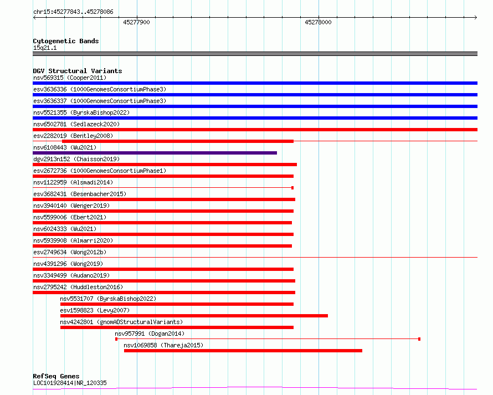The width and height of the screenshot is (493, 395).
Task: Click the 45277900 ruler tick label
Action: coord(136,22)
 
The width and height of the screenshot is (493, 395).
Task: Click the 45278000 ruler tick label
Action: coord(318,22)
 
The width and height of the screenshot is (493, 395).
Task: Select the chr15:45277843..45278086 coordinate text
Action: coord(73,12)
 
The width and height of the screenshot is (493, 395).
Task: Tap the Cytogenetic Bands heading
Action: coord(66,41)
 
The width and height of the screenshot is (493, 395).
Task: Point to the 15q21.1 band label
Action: coord(45,48)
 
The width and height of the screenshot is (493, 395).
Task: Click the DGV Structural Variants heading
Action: coord(78,71)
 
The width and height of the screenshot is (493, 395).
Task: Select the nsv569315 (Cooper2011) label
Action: coord(70,78)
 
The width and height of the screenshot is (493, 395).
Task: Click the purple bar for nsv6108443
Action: coord(155,153)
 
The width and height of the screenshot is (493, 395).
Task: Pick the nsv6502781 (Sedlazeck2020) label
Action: coord(76,124)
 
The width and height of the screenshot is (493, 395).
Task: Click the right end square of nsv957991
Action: coord(419,339)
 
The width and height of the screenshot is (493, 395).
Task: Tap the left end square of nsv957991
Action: coord(116,339)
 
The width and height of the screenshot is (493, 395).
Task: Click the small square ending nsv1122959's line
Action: coord(292,188)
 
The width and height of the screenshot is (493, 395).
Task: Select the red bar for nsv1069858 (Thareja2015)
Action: coord(243,351)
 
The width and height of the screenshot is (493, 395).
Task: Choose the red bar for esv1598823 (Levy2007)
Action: coord(194,316)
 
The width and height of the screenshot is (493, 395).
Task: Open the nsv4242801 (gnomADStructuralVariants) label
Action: coord(121,322)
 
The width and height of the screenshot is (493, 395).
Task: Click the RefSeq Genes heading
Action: coord(56,376)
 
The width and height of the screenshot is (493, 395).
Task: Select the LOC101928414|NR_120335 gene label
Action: coord(70,383)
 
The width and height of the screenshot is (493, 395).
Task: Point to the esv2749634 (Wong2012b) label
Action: coord(70,252)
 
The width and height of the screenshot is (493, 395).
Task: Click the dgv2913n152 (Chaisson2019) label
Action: coord(76,159)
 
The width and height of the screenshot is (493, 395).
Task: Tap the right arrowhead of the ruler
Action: coord(476,18)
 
